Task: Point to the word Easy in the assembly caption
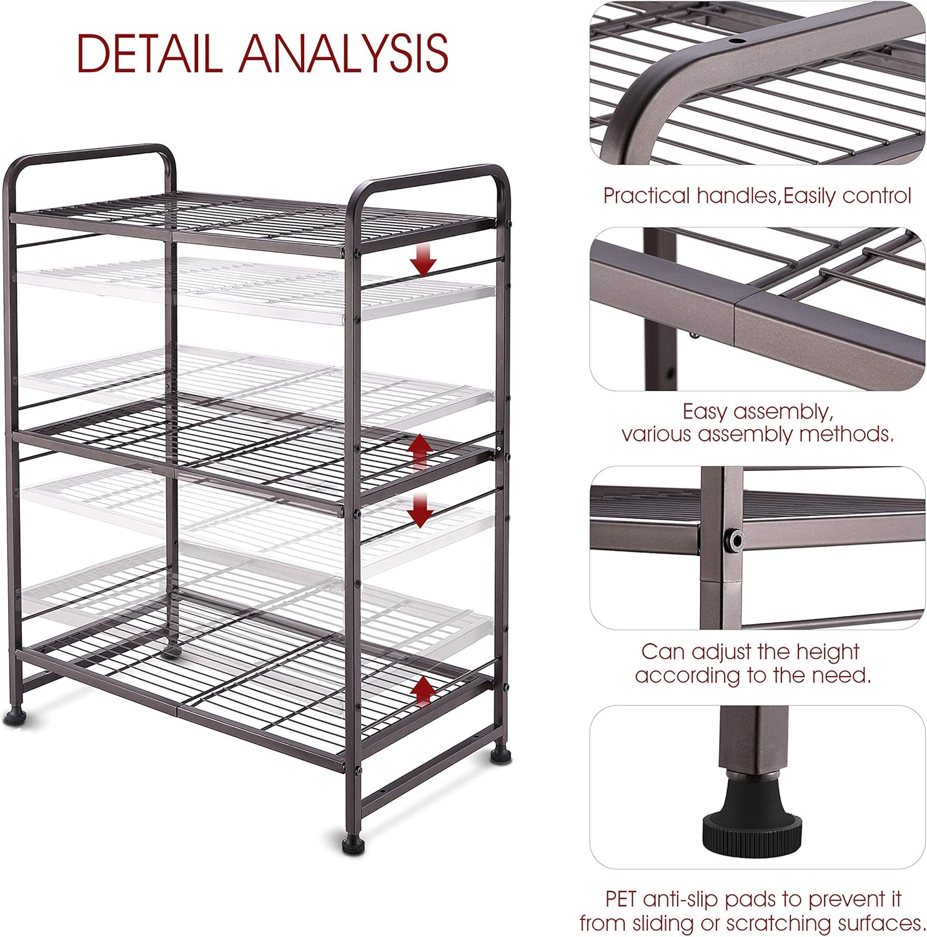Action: [705, 412]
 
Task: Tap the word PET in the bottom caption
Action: [621, 900]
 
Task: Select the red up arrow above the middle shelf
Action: [420, 451]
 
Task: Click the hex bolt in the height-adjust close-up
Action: [734, 540]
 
